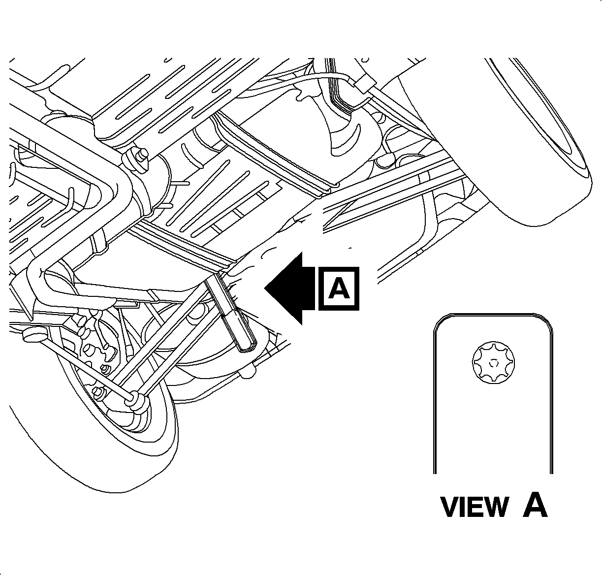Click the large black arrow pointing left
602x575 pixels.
[x=290, y=288]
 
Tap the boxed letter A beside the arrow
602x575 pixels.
[x=339, y=289]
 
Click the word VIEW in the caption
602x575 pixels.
[x=474, y=507]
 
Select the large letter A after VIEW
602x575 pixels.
[x=535, y=505]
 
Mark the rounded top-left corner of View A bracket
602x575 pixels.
[x=439, y=322]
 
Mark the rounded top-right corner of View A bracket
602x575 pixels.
[x=545, y=322]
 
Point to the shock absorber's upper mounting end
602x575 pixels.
[x=217, y=281]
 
